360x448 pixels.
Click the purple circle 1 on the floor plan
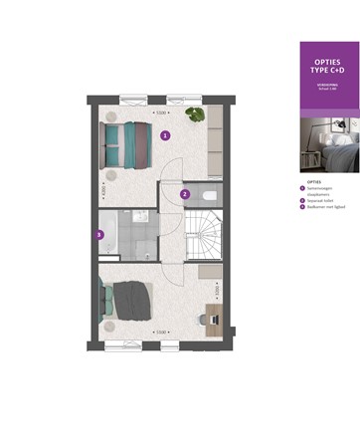(x=165, y=134)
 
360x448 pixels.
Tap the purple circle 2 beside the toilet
(x=184, y=193)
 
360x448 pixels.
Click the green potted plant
(x=195, y=114)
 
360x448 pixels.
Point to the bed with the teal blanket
(x=126, y=144)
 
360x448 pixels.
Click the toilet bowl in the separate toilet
(x=209, y=196)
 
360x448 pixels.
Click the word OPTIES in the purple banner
(x=328, y=63)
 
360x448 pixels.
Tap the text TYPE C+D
(x=328, y=74)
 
